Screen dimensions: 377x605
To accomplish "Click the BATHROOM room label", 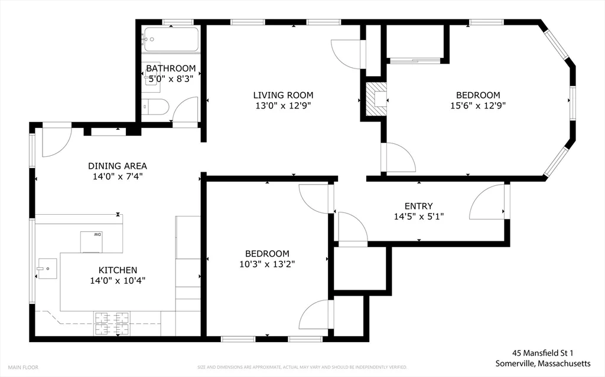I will tap(171, 68).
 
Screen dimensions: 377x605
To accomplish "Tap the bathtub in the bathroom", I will tap(171, 40).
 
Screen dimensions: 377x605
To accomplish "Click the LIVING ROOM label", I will tap(283, 95).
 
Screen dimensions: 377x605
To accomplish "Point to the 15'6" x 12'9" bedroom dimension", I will tap(477, 106).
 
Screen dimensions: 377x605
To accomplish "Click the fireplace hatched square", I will tap(375, 98).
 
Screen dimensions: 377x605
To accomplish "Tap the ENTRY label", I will tap(418, 206).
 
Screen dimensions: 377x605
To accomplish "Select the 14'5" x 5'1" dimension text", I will tap(418, 216).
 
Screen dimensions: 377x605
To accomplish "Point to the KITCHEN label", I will tap(118, 270).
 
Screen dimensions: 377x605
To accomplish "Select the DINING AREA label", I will tap(118, 166).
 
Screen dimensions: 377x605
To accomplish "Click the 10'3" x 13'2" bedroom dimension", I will tap(268, 264).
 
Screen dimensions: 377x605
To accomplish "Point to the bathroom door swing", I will tap(186, 110).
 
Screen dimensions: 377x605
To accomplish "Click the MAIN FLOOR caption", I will tap(23, 367).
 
